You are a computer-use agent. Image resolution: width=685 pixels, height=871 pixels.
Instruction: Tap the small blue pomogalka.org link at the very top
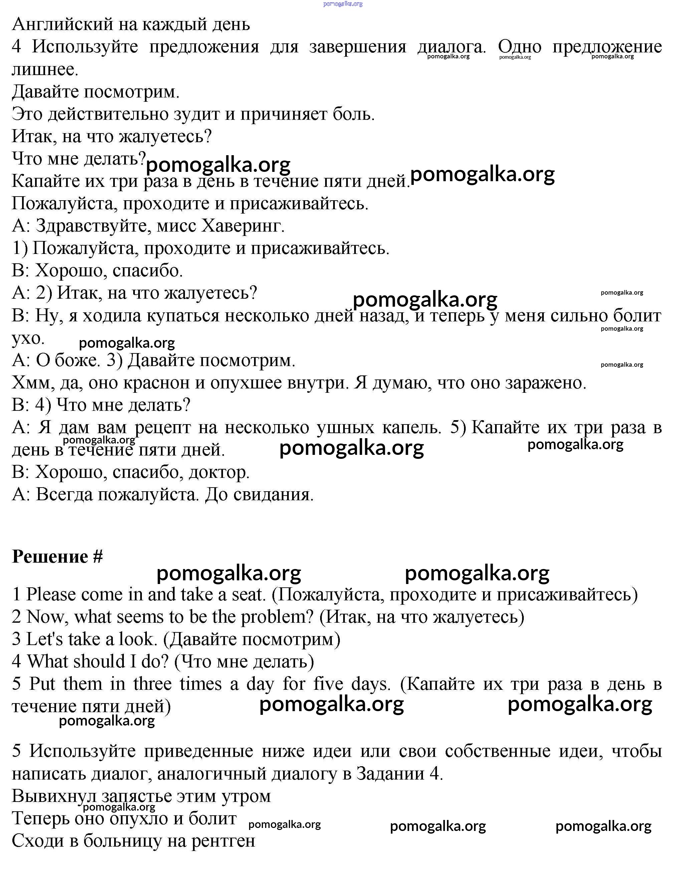point(342,4)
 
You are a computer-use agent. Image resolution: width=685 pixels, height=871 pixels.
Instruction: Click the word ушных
point(345,428)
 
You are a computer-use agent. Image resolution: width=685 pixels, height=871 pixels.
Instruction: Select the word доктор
point(219,473)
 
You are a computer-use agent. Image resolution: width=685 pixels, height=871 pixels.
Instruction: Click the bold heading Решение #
point(57,557)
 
